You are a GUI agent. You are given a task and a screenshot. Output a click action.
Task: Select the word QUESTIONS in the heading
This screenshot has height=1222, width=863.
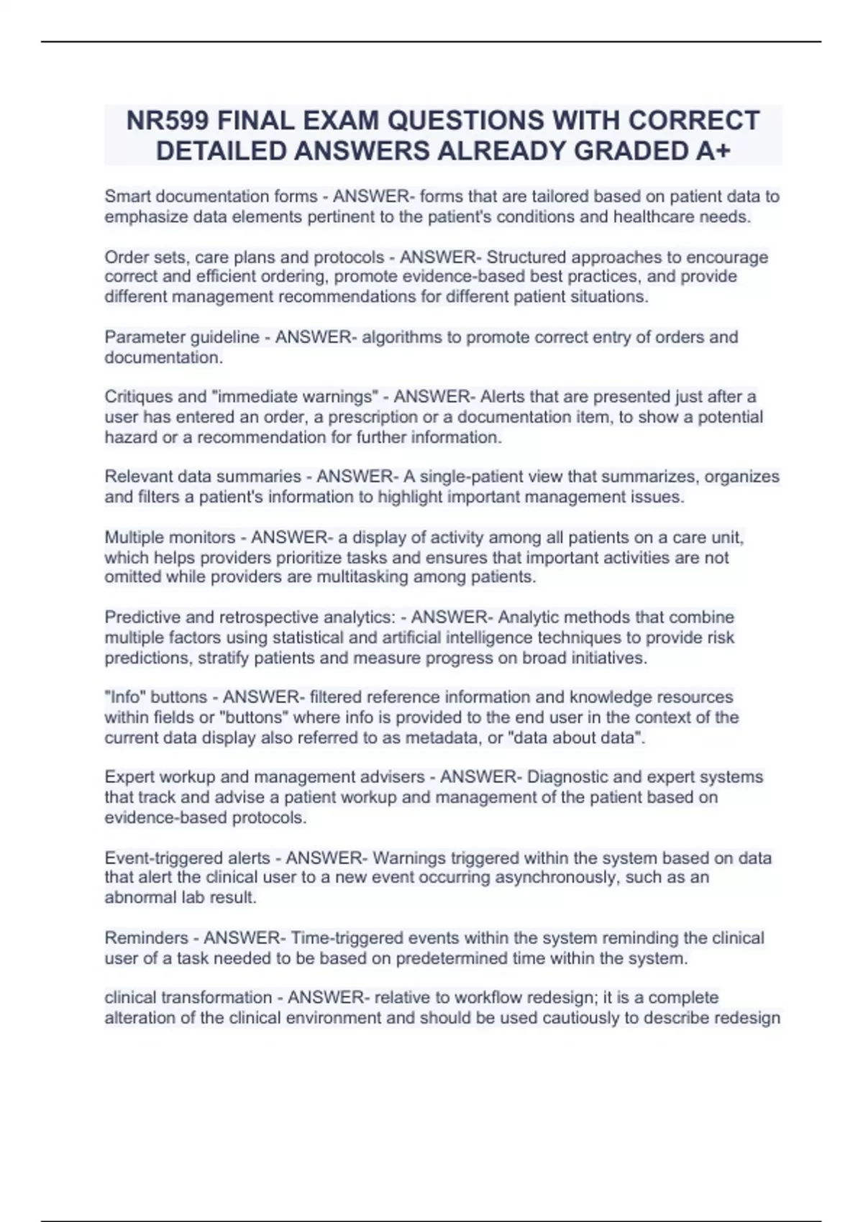point(447,121)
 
